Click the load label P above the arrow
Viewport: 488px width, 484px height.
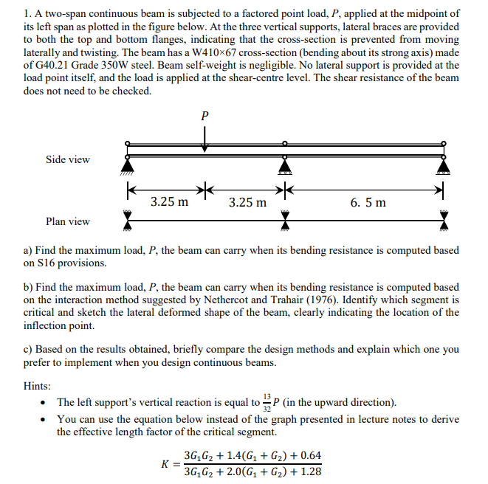click(205, 116)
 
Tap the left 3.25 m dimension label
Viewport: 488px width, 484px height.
click(169, 201)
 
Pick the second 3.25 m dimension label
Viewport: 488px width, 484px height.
click(247, 201)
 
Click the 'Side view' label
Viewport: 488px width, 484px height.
click(68, 159)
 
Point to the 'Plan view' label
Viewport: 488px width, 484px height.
click(68, 221)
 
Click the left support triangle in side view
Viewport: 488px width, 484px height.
click(128, 168)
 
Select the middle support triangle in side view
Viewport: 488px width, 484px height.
click(281, 168)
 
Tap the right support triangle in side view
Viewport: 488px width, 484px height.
click(443, 168)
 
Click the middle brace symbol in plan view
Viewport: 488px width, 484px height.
click(281, 221)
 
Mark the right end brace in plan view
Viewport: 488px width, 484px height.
click(443, 221)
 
